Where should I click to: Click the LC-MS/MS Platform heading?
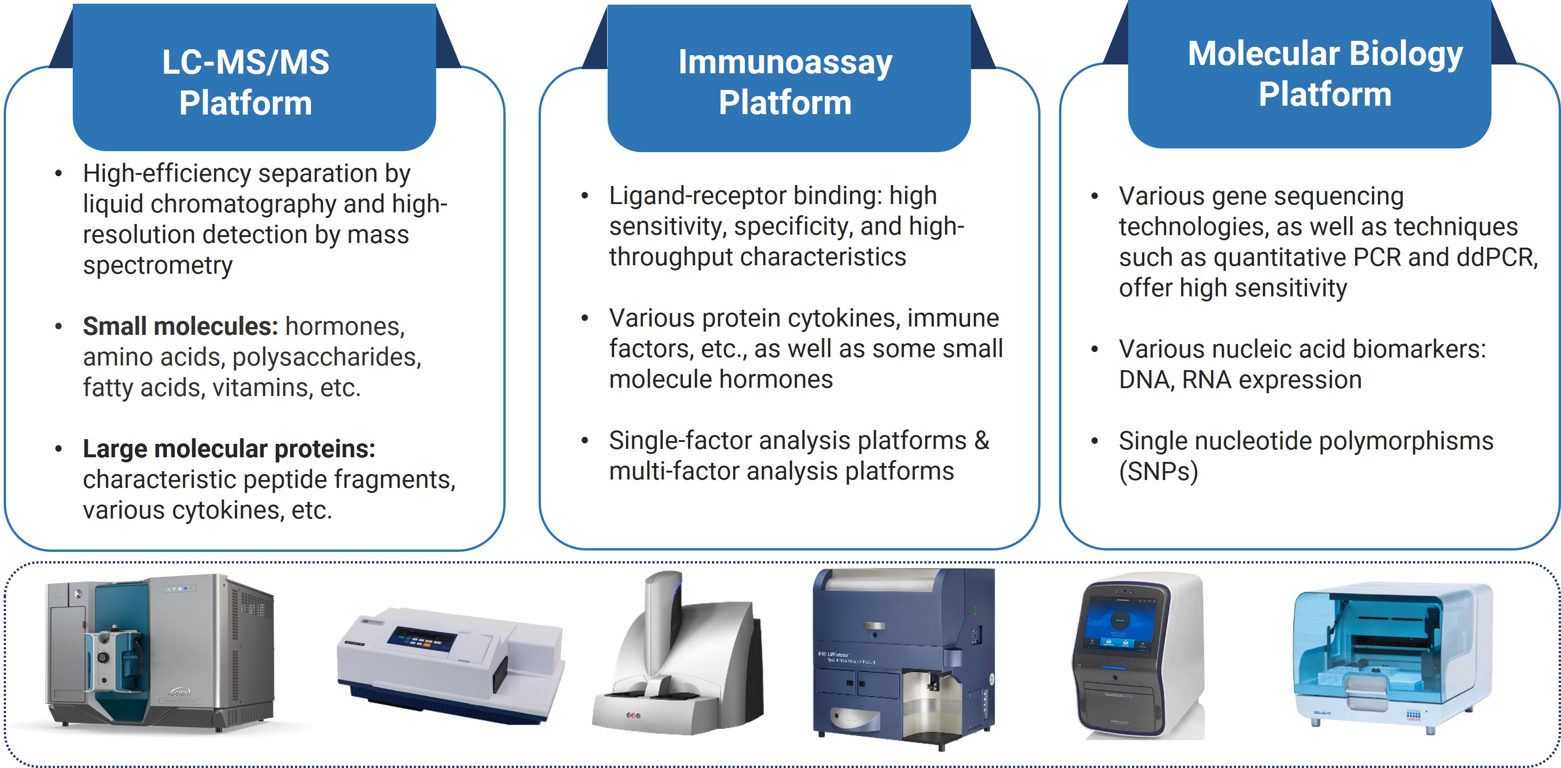click(x=246, y=82)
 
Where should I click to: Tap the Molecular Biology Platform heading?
click(x=1325, y=74)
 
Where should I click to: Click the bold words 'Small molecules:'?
click(x=180, y=326)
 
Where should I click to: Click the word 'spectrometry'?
click(x=158, y=265)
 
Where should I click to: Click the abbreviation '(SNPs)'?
click(x=1158, y=472)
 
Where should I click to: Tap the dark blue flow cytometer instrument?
click(x=903, y=658)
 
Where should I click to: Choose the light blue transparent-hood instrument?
click(x=1391, y=655)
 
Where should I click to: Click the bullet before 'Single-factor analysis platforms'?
click(x=585, y=441)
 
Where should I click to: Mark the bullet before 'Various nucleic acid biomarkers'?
click(x=1094, y=349)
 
